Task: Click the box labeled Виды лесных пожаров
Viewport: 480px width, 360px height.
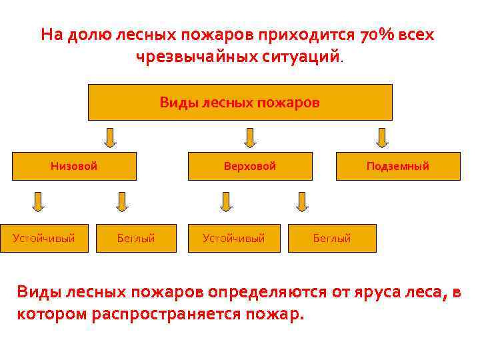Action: point(240,102)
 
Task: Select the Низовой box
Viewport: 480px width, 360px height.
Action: point(74,167)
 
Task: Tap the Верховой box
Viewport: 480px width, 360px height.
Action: point(250,167)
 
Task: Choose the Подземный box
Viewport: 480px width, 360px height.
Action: point(398,167)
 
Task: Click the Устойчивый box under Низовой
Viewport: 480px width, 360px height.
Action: point(44,238)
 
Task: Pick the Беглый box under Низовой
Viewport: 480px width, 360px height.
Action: point(136,238)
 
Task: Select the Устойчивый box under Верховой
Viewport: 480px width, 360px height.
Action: point(234,238)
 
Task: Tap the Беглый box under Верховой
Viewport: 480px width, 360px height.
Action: point(332,238)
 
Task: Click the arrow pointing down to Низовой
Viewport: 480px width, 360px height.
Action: point(111,137)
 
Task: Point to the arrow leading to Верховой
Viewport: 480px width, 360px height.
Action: point(250,137)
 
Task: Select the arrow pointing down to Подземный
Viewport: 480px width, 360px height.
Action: point(382,137)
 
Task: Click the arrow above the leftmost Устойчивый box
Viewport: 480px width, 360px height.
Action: point(39,201)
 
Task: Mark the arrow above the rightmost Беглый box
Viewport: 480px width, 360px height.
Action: point(302,201)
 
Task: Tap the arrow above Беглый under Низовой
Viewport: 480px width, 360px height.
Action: point(121,201)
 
